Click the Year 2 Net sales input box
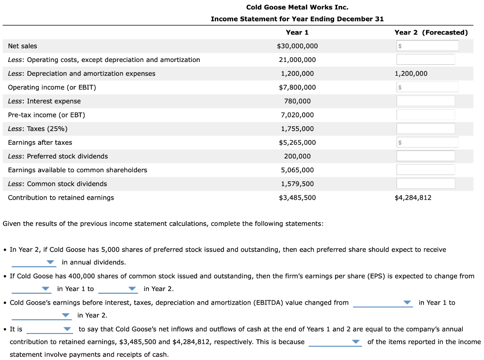427,46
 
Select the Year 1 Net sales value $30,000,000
297,46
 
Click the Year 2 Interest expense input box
426,101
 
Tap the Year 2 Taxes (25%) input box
426,128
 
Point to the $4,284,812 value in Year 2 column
413,197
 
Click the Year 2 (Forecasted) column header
431,32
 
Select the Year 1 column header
297,32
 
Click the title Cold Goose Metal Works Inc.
297,7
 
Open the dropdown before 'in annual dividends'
34,263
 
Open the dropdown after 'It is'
49,329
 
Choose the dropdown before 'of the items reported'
335,342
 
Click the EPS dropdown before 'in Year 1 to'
31,289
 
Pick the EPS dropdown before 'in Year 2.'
118,289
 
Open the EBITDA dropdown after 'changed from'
383,303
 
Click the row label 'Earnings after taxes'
40,142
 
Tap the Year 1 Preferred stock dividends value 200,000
297,156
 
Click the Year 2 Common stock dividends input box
426,184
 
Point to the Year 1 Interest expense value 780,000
297,101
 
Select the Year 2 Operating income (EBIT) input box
427,87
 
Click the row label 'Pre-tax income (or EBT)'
46,115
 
